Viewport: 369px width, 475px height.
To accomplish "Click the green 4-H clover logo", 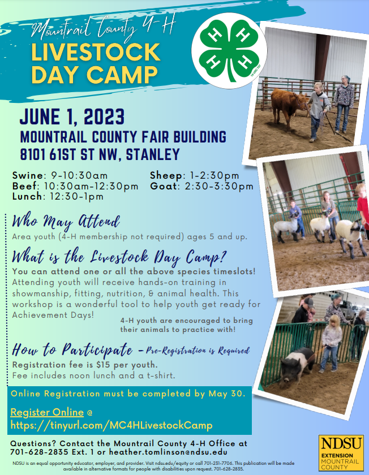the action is [229, 51].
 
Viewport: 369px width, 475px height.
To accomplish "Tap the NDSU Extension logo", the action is [341, 452].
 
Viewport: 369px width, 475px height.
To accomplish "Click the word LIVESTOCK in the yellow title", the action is [96, 52].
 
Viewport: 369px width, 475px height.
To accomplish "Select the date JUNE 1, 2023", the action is [72, 117].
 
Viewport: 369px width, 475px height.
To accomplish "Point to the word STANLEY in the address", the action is [153, 154].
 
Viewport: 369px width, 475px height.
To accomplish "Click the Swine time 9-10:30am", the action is [79, 175].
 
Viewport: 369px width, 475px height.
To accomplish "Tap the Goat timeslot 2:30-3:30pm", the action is [219, 186].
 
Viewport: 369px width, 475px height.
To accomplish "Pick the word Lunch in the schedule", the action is [27, 196].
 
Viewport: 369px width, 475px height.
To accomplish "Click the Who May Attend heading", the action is [66, 222].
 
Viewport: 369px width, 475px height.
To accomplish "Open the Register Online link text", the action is [47, 412].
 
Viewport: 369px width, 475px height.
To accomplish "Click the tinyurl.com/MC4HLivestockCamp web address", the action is [111, 425].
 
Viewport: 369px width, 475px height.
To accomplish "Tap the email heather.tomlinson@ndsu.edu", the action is [168, 452].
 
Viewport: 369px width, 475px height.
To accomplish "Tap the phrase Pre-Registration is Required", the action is [198, 351].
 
